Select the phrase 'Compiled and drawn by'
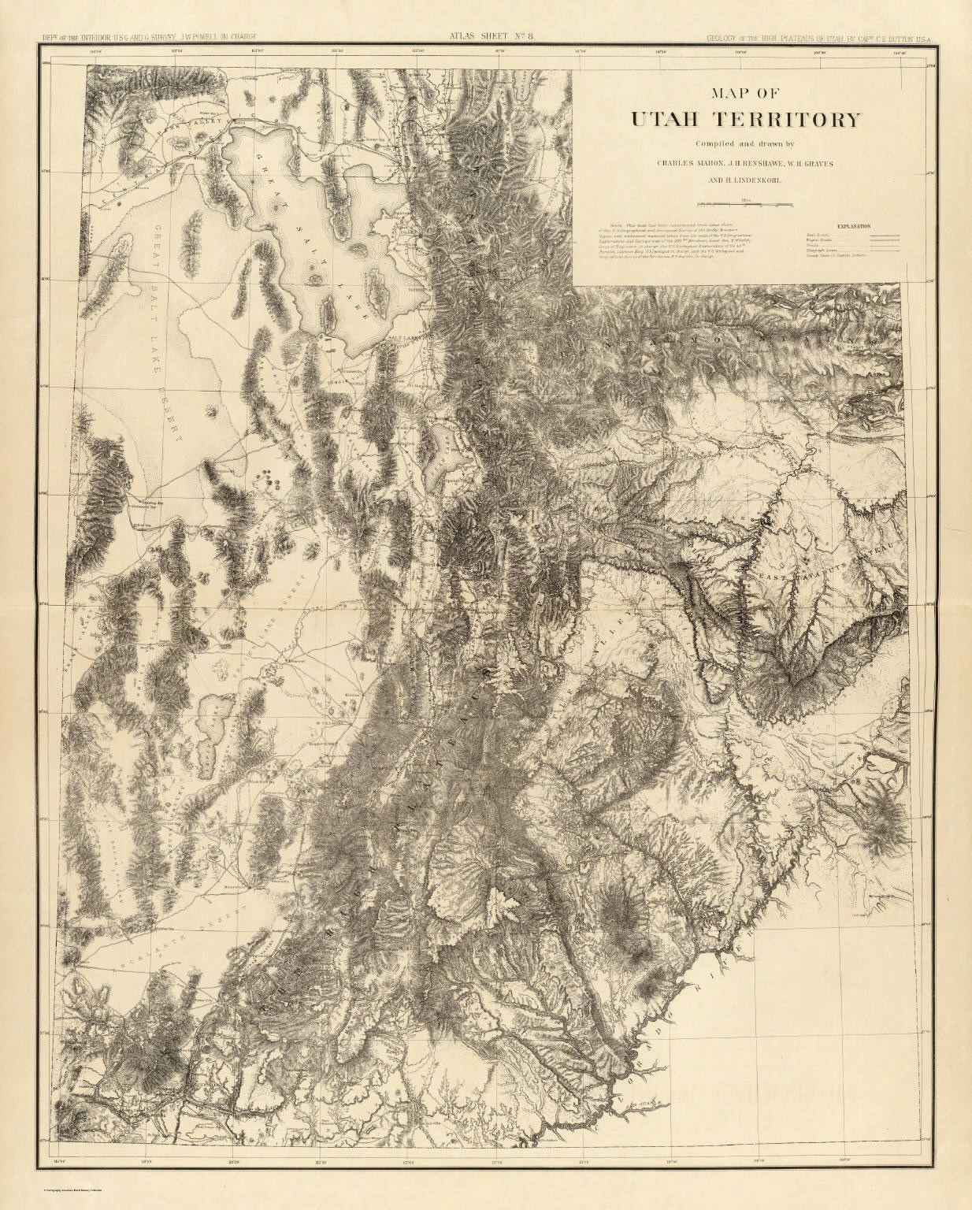click(744, 143)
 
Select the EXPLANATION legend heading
click(854, 226)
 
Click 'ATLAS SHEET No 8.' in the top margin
click(480, 34)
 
